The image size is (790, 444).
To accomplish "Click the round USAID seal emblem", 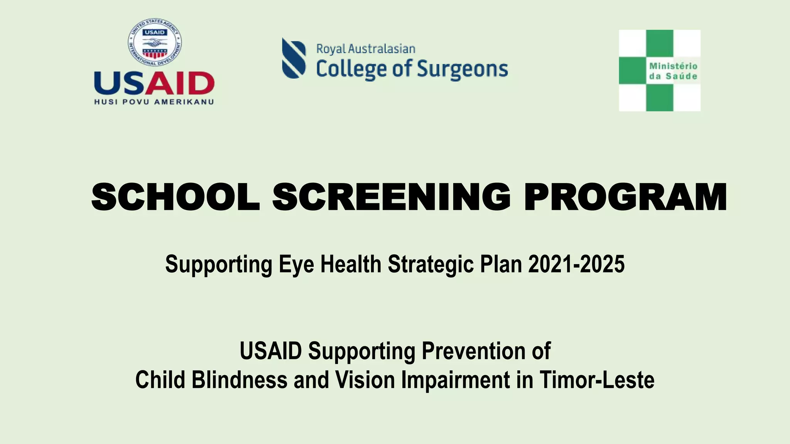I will pos(155,42).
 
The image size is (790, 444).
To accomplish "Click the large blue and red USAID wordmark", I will pos(154,83).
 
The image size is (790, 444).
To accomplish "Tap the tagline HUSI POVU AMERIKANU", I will pos(154,102).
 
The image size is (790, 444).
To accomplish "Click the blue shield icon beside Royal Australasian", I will pos(294,58).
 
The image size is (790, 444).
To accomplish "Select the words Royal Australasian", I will pos(365,49).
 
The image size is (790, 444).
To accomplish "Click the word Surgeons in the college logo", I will pos(462,69).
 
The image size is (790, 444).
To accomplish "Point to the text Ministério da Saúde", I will pos(673,71).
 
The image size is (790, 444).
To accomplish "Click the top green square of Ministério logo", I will pos(660,43).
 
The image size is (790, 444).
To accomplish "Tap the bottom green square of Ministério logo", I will pos(660,98).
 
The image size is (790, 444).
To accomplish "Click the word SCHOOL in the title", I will pos(176,197).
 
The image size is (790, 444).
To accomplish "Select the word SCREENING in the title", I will pos(392,197).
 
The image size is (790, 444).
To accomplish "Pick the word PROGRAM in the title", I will pos(625,197).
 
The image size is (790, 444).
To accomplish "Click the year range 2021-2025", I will pos(576,264).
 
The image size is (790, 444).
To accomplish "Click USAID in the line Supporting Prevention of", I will pos(270,351).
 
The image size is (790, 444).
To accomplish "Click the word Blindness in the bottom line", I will pos(239,380).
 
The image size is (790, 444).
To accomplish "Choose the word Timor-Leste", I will pos(597,380).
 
